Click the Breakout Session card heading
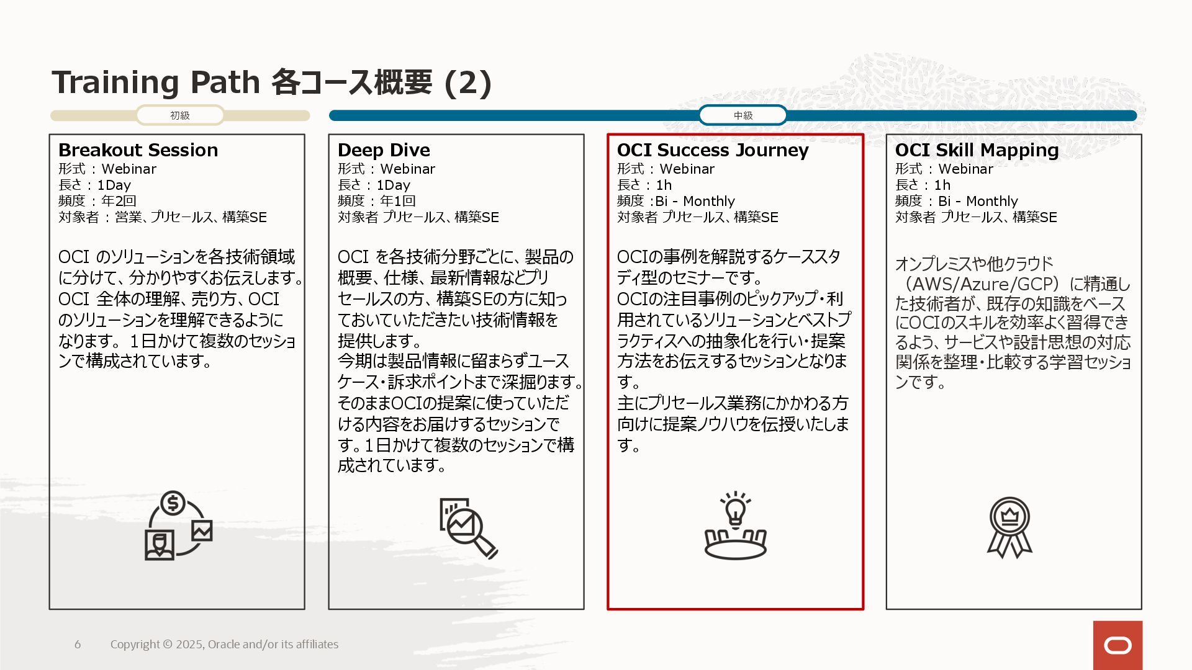(x=138, y=150)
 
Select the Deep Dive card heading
(x=384, y=150)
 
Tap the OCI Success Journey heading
(x=713, y=150)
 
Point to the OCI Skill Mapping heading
(x=977, y=150)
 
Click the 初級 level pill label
(x=180, y=115)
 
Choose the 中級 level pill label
(x=743, y=115)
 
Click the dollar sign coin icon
(x=173, y=503)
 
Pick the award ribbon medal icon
(x=1009, y=527)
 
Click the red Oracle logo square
(x=1117, y=645)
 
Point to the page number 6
(x=78, y=645)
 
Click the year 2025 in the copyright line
(x=189, y=645)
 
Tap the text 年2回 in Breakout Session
(x=119, y=201)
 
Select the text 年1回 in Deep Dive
(x=397, y=201)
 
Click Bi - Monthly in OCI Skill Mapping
(x=978, y=201)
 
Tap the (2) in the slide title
(x=468, y=83)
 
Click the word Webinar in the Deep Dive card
(x=407, y=169)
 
